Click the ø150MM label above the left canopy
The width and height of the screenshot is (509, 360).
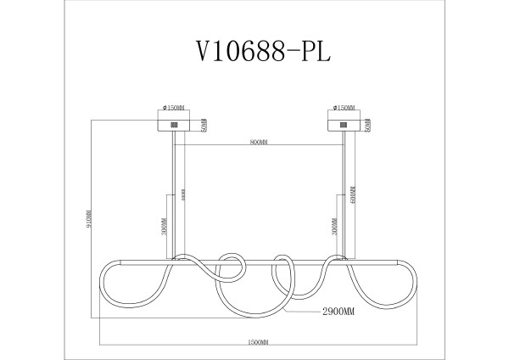[x=174, y=109]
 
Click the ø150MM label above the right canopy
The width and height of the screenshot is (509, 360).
[x=344, y=109]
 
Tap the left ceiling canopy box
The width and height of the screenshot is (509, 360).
[x=174, y=125]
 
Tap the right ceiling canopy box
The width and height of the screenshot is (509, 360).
[x=344, y=125]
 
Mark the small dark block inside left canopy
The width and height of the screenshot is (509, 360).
[x=175, y=125]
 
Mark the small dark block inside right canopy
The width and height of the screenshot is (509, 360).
[x=344, y=125]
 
